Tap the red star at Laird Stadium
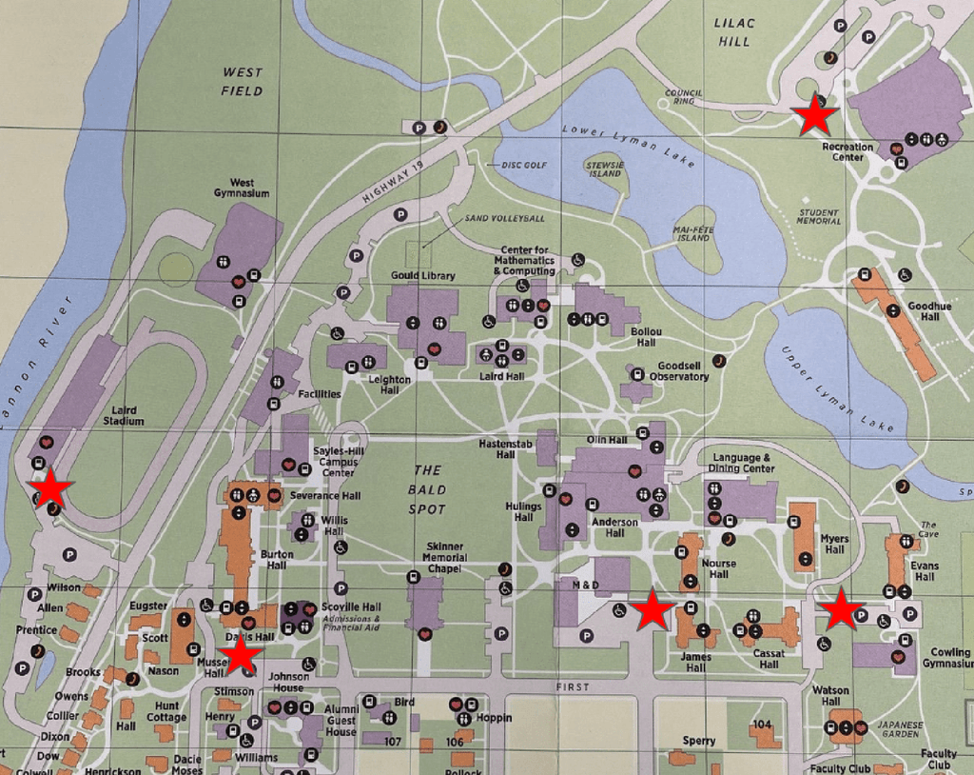coord(51,489)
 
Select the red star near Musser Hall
coord(241,655)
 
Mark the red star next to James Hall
coord(653,610)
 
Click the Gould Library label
coord(423,276)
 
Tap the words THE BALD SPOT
coord(427,489)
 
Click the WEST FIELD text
coord(242,82)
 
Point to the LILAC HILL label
coord(735,31)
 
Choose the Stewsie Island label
coord(605,169)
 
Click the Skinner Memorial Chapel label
coord(444,557)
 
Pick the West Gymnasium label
coord(242,188)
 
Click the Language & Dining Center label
coord(743,463)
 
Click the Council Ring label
coord(684,96)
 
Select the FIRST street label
coord(574,686)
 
